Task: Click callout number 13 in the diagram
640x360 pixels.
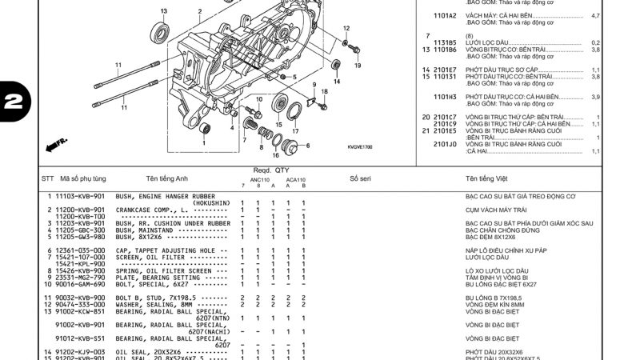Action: pos(164,11)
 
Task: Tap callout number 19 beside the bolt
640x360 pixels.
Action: pos(357,66)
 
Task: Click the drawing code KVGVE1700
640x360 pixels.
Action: pos(360,147)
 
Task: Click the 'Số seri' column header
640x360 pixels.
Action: pos(360,178)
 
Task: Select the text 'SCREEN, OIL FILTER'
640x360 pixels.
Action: pos(151,257)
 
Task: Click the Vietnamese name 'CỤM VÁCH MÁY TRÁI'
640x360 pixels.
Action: pos(497,210)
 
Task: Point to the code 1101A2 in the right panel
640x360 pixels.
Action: pos(445,15)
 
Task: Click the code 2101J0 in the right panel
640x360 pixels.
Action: pos(445,144)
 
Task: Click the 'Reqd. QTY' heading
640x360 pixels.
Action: pos(271,170)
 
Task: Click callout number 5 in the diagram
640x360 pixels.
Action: pos(294,78)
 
